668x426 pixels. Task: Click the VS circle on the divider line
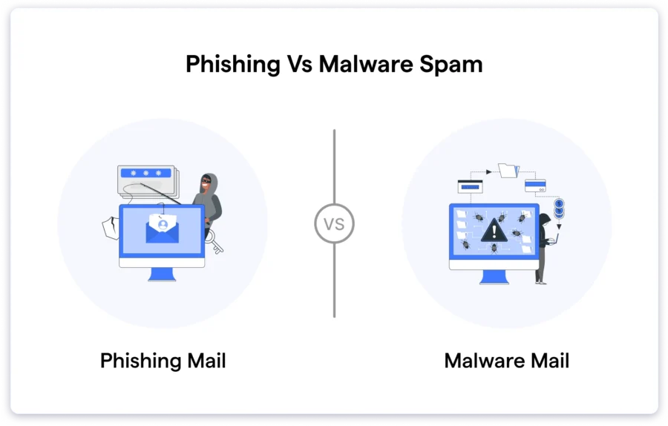coord(334,223)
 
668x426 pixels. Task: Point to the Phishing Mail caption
coord(163,361)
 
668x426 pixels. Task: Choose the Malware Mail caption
coord(506,361)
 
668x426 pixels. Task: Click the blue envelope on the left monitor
coord(162,231)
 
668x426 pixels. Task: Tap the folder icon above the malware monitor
coord(508,170)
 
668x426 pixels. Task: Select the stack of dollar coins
coord(559,208)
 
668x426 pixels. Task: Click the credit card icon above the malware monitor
coord(535,186)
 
